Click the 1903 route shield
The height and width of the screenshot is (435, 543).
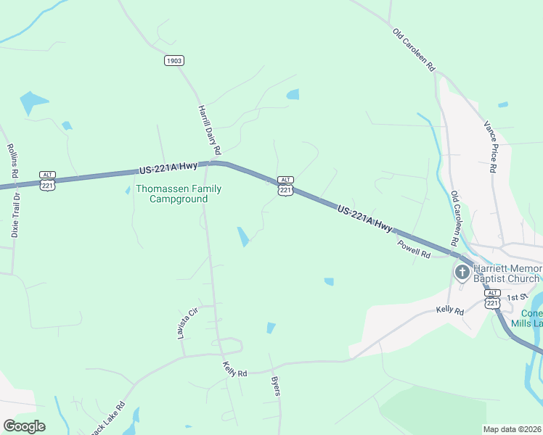click(173, 61)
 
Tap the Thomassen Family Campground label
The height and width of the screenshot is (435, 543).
click(179, 194)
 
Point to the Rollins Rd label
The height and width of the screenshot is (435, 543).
click(12, 160)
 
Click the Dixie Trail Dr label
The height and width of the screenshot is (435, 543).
click(15, 215)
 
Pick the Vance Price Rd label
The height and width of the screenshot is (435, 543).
click(490, 146)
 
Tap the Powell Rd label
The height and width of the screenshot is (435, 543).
click(414, 250)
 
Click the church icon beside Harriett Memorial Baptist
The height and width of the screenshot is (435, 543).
click(462, 273)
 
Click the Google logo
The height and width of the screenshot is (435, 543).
click(24, 426)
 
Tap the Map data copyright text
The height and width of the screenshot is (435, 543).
click(513, 429)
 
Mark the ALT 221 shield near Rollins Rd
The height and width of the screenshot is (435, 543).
click(48, 182)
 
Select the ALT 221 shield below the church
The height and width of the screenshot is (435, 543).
click(493, 299)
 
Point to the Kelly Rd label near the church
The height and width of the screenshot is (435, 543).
click(449, 310)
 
